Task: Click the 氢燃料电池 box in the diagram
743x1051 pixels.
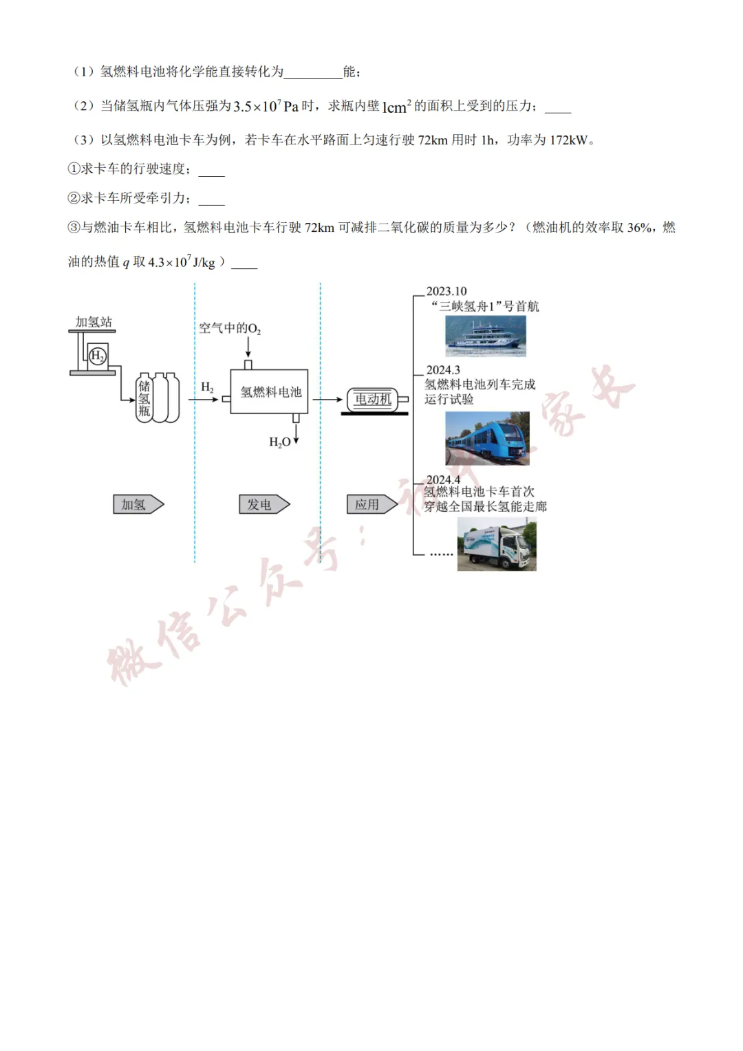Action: coord(269,392)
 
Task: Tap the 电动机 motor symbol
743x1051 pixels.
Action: coord(373,400)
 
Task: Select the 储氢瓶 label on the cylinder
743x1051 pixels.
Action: coord(144,398)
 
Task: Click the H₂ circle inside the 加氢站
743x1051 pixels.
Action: coord(98,356)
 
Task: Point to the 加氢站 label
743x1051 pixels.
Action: coord(94,322)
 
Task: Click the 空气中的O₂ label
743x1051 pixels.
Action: coord(230,328)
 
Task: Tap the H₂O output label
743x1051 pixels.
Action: coord(280,442)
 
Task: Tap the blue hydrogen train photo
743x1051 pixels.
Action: coord(487,438)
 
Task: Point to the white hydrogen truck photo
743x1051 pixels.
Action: coord(497,544)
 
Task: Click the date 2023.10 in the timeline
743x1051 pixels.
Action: coord(446,291)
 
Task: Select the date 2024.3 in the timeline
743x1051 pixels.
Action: coord(443,370)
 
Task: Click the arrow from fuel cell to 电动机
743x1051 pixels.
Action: coord(328,399)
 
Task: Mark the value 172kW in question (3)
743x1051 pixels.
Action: coord(568,140)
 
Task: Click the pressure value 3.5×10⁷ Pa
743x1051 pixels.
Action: coord(266,106)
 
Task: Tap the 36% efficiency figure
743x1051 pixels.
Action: coord(639,228)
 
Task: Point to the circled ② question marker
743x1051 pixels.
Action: coord(74,198)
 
